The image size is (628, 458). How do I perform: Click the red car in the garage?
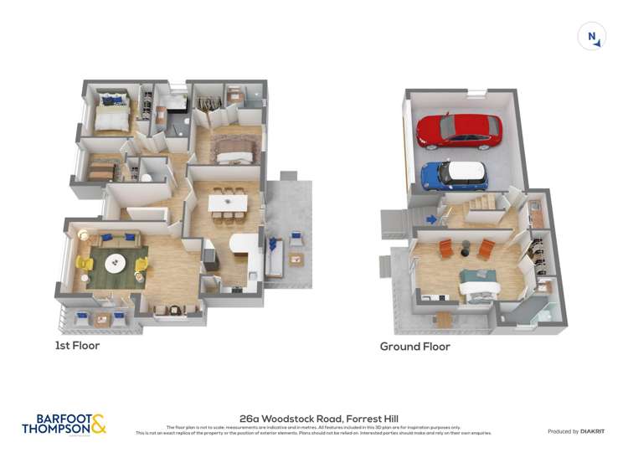pyautogui.click(x=459, y=130)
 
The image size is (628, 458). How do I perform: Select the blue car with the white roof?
pyautogui.click(x=453, y=174)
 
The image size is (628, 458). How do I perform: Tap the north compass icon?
pyautogui.click(x=592, y=36)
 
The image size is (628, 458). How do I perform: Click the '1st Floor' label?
pyautogui.click(x=77, y=345)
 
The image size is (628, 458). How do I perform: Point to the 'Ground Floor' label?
pyautogui.click(x=414, y=346)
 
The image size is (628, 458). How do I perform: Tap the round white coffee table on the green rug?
pyautogui.click(x=116, y=264)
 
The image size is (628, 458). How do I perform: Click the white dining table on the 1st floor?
pyautogui.click(x=227, y=203)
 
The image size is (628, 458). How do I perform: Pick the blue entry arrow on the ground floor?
pyautogui.click(x=430, y=220)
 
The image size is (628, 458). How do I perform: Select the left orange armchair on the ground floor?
pyautogui.click(x=445, y=249)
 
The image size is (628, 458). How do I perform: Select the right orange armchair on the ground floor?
pyautogui.click(x=486, y=248)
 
